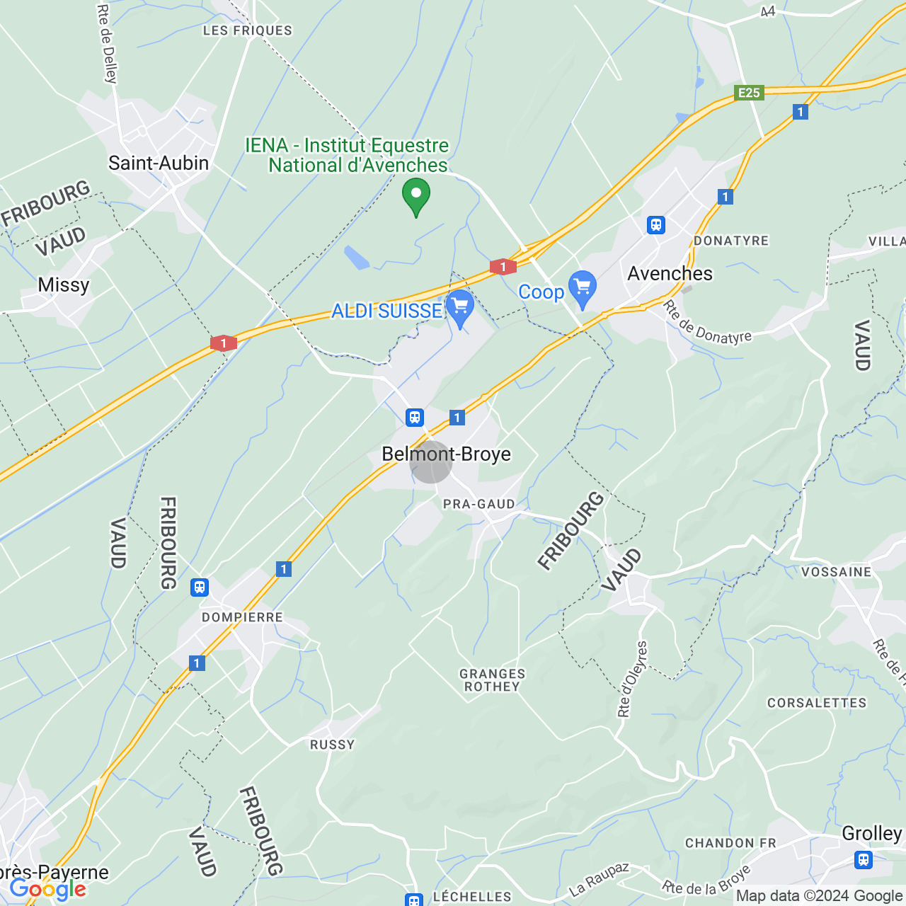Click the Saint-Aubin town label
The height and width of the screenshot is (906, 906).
click(x=159, y=164)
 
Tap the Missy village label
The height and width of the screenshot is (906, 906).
click(x=64, y=285)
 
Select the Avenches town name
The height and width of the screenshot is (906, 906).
click(x=670, y=274)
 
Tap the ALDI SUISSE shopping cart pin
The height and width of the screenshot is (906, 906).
click(x=460, y=308)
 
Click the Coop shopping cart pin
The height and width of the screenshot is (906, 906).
click(x=583, y=289)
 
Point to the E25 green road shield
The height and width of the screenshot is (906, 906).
click(x=749, y=93)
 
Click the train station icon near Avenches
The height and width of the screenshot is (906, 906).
click(x=656, y=225)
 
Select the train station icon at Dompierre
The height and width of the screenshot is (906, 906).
click(x=200, y=587)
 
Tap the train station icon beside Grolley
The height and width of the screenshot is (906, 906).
click(x=863, y=860)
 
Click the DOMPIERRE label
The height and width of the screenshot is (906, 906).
click(x=242, y=617)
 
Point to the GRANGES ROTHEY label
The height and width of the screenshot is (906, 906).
click(x=493, y=680)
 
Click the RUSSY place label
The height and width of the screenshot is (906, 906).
click(x=332, y=745)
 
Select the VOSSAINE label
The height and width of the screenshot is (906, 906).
click(x=836, y=572)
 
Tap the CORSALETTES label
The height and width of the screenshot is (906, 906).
click(x=817, y=703)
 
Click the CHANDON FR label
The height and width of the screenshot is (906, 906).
click(x=730, y=843)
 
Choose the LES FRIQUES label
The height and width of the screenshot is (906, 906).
click(x=247, y=30)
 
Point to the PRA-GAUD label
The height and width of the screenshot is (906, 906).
click(x=478, y=504)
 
